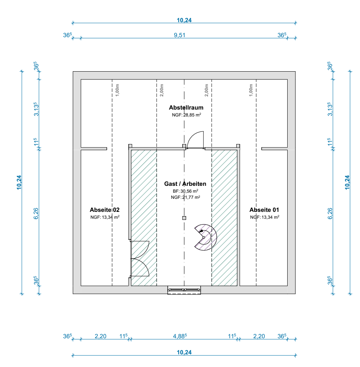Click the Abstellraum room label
pyautogui.click(x=186, y=107)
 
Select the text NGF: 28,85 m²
pyautogui.click(x=187, y=115)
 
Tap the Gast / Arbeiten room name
pyautogui.click(x=185, y=184)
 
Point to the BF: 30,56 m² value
pyautogui.click(x=185, y=191)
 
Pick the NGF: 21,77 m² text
pyautogui.click(x=185, y=197)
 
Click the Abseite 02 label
pyautogui.click(x=105, y=210)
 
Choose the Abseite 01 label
pyautogui.click(x=264, y=210)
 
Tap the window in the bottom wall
pyautogui.click(x=184, y=290)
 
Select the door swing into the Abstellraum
pyautogui.click(x=196, y=140)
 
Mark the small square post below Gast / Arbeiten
pyautogui.click(x=184, y=218)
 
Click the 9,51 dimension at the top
pyautogui.click(x=180, y=35)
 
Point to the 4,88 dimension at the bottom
pyautogui.click(x=180, y=336)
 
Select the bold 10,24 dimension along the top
pyautogui.click(x=184, y=20)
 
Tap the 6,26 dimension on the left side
pyautogui.click(x=36, y=213)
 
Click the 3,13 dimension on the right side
pyautogui.click(x=330, y=109)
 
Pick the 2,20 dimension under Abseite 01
pyautogui.click(x=259, y=336)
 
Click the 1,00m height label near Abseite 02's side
pyautogui.click(x=118, y=90)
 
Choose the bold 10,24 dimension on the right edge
pyautogui.click(x=347, y=182)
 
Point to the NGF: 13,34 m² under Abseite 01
pyautogui.click(x=265, y=217)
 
